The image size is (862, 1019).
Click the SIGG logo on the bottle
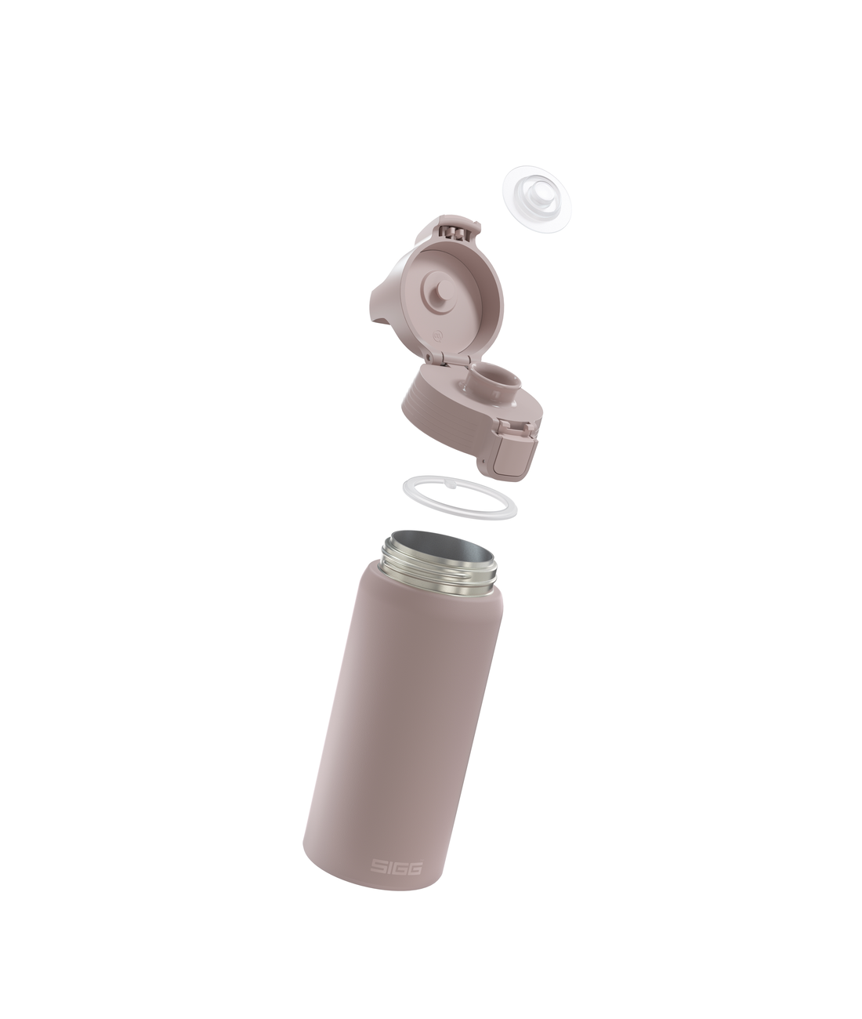(x=396, y=866)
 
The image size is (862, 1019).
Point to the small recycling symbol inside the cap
(x=438, y=336)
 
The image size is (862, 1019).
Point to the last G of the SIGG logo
(x=415, y=868)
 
